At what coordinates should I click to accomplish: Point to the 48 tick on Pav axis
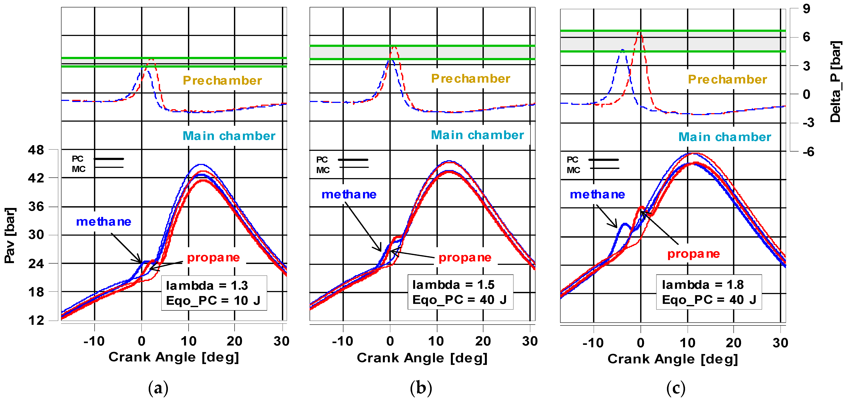pos(36,150)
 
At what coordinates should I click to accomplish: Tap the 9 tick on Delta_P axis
pos(806,9)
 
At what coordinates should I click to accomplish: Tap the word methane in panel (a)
pos(104,222)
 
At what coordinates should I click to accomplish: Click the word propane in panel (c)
pos(694,254)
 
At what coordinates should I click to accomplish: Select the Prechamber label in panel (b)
pos(471,78)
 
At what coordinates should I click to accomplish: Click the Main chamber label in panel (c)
pos(725,137)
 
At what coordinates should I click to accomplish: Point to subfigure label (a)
pos(158,388)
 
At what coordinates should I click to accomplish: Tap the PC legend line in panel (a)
pos(109,159)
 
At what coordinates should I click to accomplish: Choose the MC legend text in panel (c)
pos(573,170)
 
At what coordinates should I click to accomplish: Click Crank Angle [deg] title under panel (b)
pos(422,358)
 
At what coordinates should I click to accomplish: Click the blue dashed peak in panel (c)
pos(622,50)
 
